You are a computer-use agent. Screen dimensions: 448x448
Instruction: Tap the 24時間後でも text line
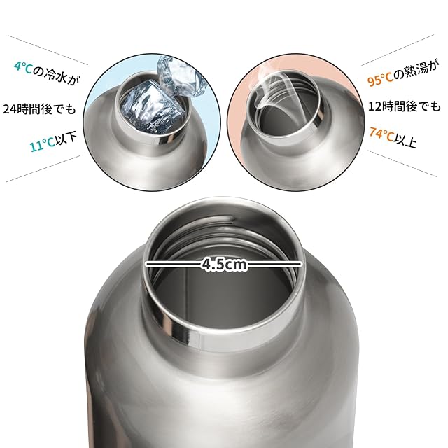point(40,109)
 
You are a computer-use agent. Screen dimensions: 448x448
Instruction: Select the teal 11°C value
point(42,145)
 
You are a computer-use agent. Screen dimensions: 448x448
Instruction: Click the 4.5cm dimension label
point(224,265)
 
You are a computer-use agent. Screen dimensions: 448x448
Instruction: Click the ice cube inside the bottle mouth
point(152,107)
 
